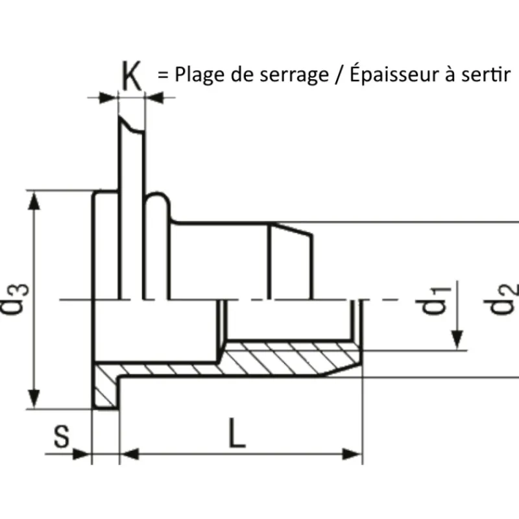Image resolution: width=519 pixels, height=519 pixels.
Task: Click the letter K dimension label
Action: (132, 75)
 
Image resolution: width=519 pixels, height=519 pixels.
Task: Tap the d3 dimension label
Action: (15, 299)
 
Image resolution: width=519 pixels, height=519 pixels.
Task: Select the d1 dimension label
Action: (436, 300)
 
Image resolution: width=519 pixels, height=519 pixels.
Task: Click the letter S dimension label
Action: (62, 436)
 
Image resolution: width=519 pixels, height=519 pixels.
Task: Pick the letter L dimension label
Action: (237, 433)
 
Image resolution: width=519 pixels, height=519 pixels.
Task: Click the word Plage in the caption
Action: (200, 75)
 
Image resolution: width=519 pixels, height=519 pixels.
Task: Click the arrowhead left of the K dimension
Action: (108, 98)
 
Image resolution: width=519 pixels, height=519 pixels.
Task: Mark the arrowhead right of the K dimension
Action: (154, 98)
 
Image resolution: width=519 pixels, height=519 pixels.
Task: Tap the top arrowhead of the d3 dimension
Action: (34, 200)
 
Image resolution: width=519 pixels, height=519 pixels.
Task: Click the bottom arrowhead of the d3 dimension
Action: (34, 399)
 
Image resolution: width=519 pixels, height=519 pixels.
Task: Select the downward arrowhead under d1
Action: (457, 340)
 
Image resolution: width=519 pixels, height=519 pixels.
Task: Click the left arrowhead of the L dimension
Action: (129, 454)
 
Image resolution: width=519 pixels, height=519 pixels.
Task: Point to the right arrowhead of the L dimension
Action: (352, 454)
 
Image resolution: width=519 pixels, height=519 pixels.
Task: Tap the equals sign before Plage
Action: (163, 75)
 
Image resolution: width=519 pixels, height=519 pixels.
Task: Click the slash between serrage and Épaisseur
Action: (339, 75)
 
